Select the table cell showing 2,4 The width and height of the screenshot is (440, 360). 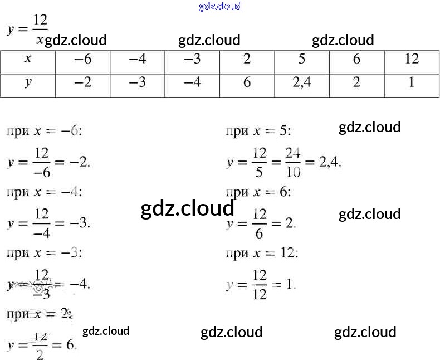pyautogui.click(x=301, y=84)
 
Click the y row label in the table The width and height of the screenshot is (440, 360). pyautogui.click(x=28, y=84)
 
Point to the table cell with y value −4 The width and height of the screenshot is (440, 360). pyautogui.click(x=192, y=84)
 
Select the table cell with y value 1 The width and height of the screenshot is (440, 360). pyautogui.click(x=411, y=84)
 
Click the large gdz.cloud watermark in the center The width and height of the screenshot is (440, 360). pyautogui.click(x=187, y=208)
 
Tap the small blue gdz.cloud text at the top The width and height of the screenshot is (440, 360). pyautogui.click(x=220, y=7)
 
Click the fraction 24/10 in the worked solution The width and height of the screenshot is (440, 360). pyautogui.click(x=293, y=162)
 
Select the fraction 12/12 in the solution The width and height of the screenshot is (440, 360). pyautogui.click(x=260, y=285)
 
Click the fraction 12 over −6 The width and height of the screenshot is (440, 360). pyautogui.click(x=42, y=162)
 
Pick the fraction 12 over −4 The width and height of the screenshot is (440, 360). pyautogui.click(x=42, y=223)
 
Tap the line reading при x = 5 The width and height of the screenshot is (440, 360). pyautogui.click(x=258, y=132)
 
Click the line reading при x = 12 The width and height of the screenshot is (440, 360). pyautogui.click(x=262, y=254)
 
